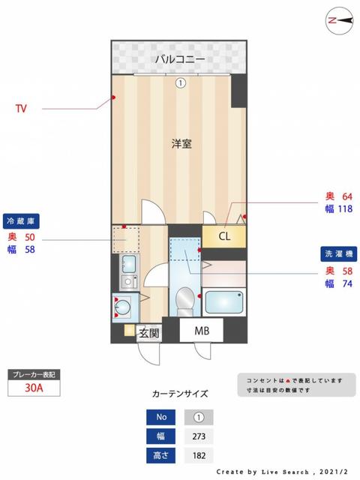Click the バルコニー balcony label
[x=180, y=58]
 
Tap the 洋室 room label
[x=181, y=144]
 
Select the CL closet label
[x=224, y=236]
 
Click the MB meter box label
[x=202, y=331]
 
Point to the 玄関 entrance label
[x=148, y=333]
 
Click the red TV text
[x=21, y=109]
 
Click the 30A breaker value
[x=34, y=388]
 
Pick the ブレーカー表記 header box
[x=34, y=373]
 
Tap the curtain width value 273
[x=199, y=436]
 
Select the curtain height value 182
[x=199, y=454]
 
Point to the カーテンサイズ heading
[x=180, y=393]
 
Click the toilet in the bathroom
[x=182, y=301]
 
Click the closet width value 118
[x=344, y=209]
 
